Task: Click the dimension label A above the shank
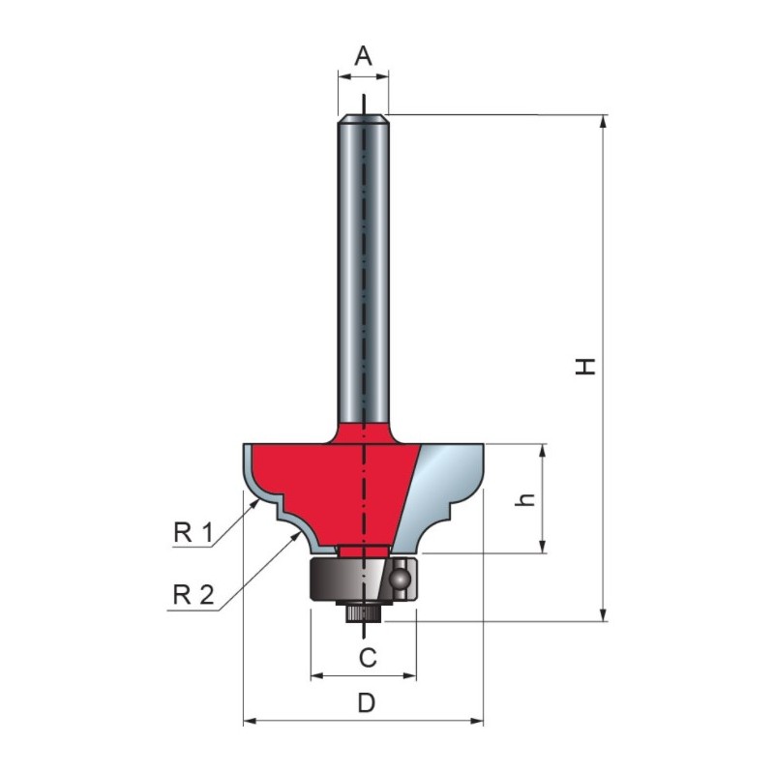pos(364,56)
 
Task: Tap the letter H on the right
pos(585,367)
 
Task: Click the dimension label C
pos(368,658)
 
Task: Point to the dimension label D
pos(367,703)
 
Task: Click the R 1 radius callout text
pos(193,533)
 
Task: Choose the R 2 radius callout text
pos(193,595)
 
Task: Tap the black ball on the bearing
pos(399,578)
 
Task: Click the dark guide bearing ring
pos(345,579)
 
